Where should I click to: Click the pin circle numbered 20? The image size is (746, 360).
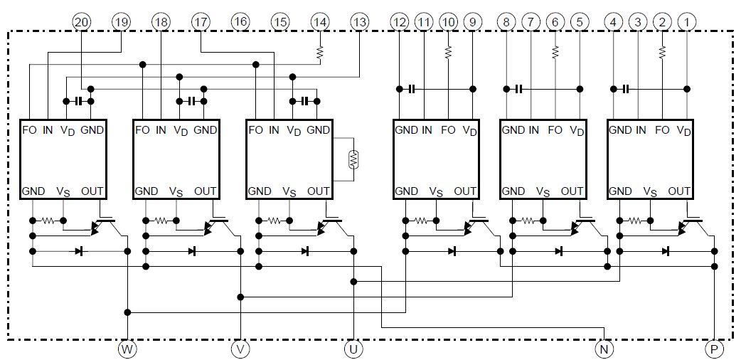tap(81, 21)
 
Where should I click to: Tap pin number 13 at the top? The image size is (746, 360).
tap(359, 21)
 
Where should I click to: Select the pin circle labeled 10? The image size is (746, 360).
tap(448, 21)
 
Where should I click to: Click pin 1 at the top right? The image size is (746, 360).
tap(686, 21)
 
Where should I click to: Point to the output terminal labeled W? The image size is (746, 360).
tap(127, 349)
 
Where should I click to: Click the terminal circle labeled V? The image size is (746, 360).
tap(241, 349)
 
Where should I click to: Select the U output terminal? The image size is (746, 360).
tap(353, 349)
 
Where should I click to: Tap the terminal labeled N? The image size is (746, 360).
tap(604, 349)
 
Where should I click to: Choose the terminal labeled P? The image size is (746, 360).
tap(714, 349)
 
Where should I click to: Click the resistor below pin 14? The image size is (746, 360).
tap(320, 52)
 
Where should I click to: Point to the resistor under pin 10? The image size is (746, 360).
tap(448, 52)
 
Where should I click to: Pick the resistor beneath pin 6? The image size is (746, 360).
tap(555, 52)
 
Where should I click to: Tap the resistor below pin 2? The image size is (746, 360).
tap(662, 52)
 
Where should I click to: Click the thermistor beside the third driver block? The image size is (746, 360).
tap(353, 159)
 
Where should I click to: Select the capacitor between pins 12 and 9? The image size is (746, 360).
tap(412, 89)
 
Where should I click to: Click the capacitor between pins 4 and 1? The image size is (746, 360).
tap(626, 89)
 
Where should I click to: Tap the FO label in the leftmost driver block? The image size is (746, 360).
tap(29, 129)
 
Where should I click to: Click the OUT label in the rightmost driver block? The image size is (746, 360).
tap(679, 191)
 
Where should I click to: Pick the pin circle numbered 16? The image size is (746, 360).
tap(241, 21)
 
